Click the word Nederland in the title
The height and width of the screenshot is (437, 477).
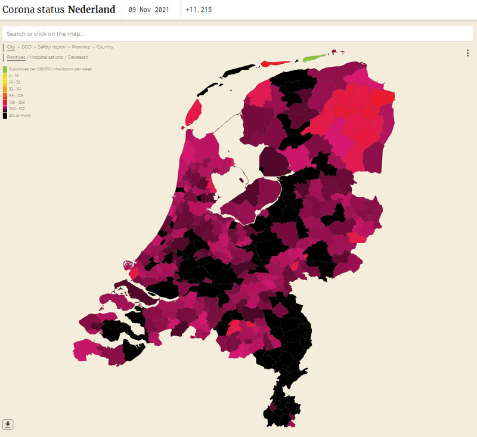click(x=91, y=10)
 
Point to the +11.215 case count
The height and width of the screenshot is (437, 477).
click(x=199, y=10)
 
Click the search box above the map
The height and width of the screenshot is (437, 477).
click(x=238, y=34)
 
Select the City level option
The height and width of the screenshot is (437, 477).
click(x=11, y=47)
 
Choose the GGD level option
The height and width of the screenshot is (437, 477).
click(x=26, y=47)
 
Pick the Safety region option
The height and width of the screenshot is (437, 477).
click(x=52, y=47)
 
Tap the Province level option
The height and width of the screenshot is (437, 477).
click(x=81, y=47)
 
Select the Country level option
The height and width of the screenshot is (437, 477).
click(x=105, y=47)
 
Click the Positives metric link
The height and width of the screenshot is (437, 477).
click(x=16, y=57)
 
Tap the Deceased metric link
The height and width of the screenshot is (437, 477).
click(x=78, y=57)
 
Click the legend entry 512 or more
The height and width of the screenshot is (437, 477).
click(x=20, y=115)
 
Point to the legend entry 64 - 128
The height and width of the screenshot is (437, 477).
click(x=16, y=95)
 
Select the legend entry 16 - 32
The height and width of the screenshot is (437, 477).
click(x=15, y=82)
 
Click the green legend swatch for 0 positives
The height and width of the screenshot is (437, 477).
click(x=5, y=69)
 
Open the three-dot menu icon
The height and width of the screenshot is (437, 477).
click(x=467, y=53)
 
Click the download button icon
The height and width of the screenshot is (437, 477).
click(x=8, y=424)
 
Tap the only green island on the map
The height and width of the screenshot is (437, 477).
click(x=313, y=58)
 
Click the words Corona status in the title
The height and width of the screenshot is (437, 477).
click(x=33, y=10)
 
